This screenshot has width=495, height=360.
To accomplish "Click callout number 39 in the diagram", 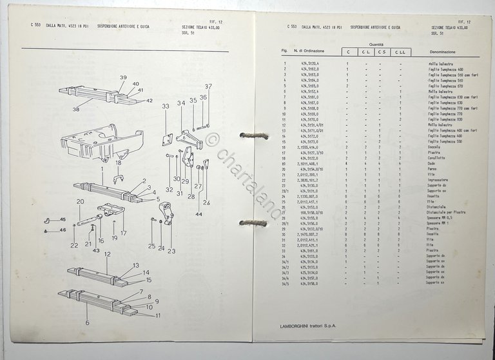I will pos(122,77).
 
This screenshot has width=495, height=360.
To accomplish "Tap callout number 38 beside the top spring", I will pos(76,110).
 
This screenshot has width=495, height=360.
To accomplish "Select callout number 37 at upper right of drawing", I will pos(208,86).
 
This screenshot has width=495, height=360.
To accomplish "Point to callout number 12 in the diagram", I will pos(106,255).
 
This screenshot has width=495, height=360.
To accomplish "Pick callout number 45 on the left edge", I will pos(63,220).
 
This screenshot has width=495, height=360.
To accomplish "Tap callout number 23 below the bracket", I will pos(171,251).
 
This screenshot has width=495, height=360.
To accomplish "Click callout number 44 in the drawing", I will pos(198,214).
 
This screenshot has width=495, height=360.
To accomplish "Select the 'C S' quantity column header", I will pos(382,51).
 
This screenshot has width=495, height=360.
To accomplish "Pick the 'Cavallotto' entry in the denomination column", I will pos(438,158).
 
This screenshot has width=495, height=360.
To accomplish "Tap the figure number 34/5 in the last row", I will pos(284,284).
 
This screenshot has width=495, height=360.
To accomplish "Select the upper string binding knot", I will pos(253,135).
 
